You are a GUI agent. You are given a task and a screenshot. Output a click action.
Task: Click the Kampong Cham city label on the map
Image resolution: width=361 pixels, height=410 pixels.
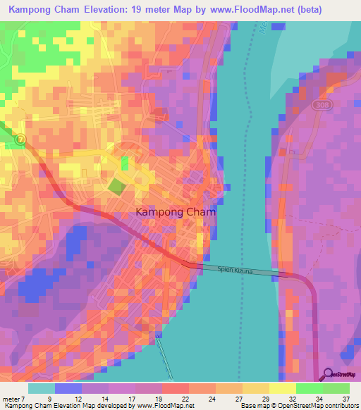coord(175,211)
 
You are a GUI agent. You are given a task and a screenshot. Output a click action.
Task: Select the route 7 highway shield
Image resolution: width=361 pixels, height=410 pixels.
coord(20,139)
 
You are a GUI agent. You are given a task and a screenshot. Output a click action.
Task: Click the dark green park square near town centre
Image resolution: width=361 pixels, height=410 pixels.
coord(116,187)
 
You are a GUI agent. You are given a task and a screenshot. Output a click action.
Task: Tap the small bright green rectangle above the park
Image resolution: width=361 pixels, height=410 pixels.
coord(125,163)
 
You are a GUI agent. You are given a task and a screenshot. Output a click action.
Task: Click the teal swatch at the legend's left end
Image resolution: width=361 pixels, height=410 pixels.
coord(42,388)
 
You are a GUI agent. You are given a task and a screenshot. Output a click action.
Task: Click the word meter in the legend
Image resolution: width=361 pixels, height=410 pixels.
coord(11,398)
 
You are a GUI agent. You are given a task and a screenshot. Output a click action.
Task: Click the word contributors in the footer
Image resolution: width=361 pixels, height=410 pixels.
coord(338,406)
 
